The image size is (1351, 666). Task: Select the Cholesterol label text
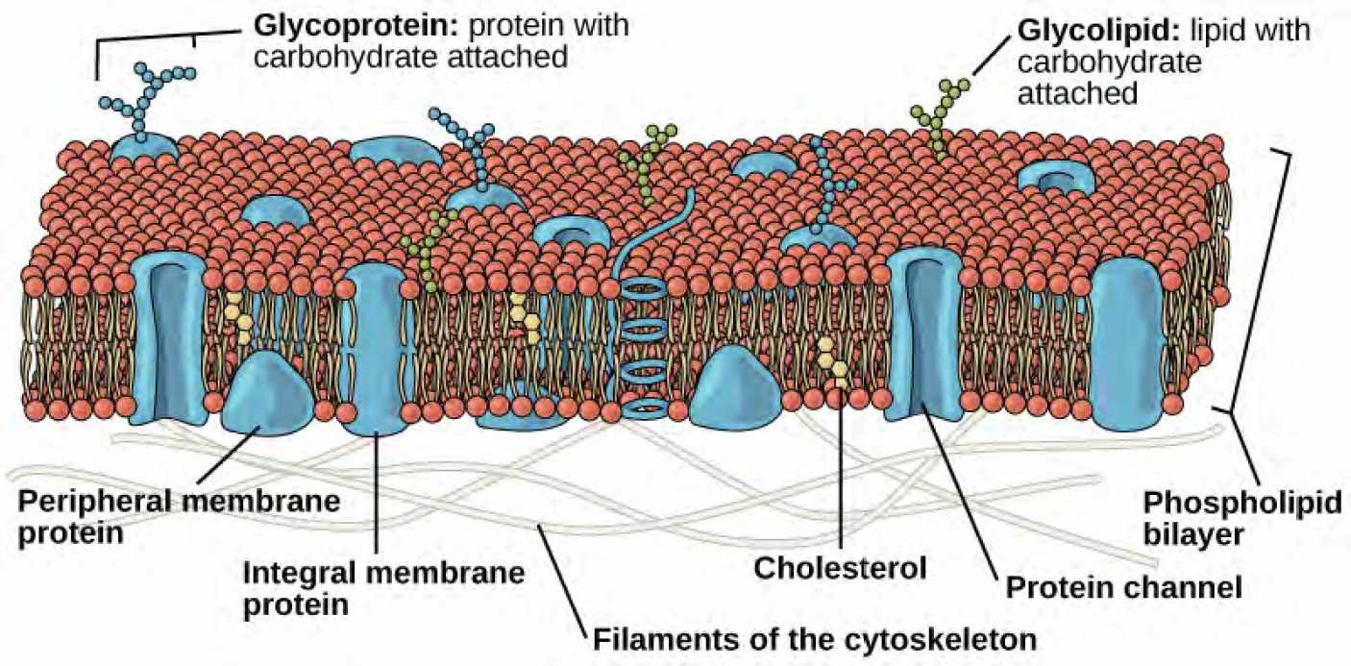pos(840,566)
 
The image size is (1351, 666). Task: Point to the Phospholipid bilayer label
pos(1241,517)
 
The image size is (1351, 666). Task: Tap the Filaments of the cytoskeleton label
pos(814,638)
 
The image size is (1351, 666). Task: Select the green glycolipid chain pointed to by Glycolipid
pos(941,116)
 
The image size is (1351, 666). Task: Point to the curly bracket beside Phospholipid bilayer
pos(1265,279)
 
